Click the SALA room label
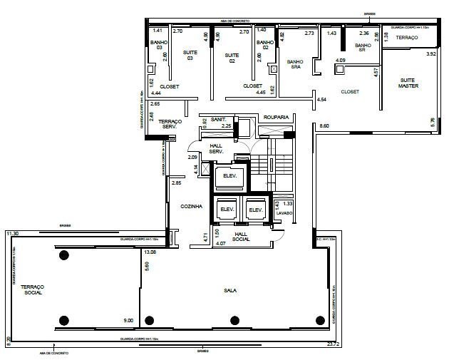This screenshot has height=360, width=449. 230,290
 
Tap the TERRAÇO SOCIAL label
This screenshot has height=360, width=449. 32,288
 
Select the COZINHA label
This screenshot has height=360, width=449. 192,207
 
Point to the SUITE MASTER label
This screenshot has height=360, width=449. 408,83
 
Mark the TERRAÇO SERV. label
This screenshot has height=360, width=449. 172,124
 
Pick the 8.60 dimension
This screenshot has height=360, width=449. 324,126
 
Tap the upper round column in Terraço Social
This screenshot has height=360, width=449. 63,256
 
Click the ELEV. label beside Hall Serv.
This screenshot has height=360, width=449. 230,177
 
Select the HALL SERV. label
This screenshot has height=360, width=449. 217,148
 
